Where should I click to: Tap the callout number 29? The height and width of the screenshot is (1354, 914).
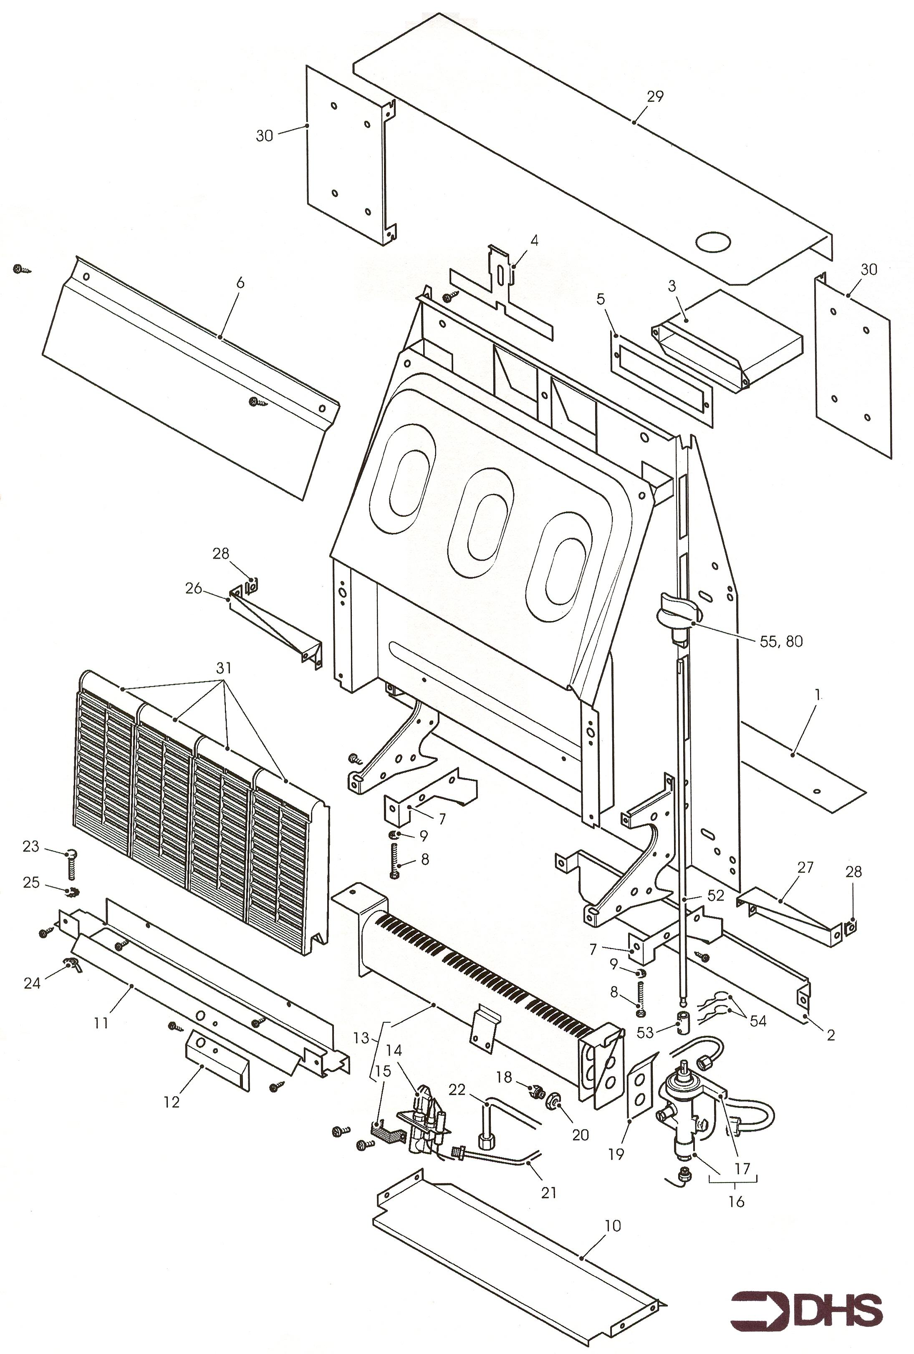click(x=655, y=96)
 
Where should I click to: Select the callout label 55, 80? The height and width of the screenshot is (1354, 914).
click(x=781, y=642)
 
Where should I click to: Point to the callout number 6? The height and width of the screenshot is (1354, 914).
click(x=240, y=283)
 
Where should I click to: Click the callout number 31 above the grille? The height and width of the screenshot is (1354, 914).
click(x=224, y=668)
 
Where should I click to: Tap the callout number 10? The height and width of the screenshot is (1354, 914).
click(x=613, y=1226)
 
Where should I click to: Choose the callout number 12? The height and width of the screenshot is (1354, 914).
click(x=172, y=1102)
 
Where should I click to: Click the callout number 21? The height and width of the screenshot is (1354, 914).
click(x=548, y=1193)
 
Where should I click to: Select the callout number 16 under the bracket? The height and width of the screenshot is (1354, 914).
click(x=736, y=1201)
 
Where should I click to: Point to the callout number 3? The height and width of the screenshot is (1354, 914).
click(x=672, y=286)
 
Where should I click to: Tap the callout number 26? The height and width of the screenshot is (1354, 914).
click(x=194, y=589)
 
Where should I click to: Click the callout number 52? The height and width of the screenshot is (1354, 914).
click(x=715, y=896)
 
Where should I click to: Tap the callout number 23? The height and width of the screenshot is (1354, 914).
click(x=30, y=846)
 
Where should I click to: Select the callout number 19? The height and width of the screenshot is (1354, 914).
click(x=616, y=1154)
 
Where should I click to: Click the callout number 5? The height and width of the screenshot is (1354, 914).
click(x=601, y=299)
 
